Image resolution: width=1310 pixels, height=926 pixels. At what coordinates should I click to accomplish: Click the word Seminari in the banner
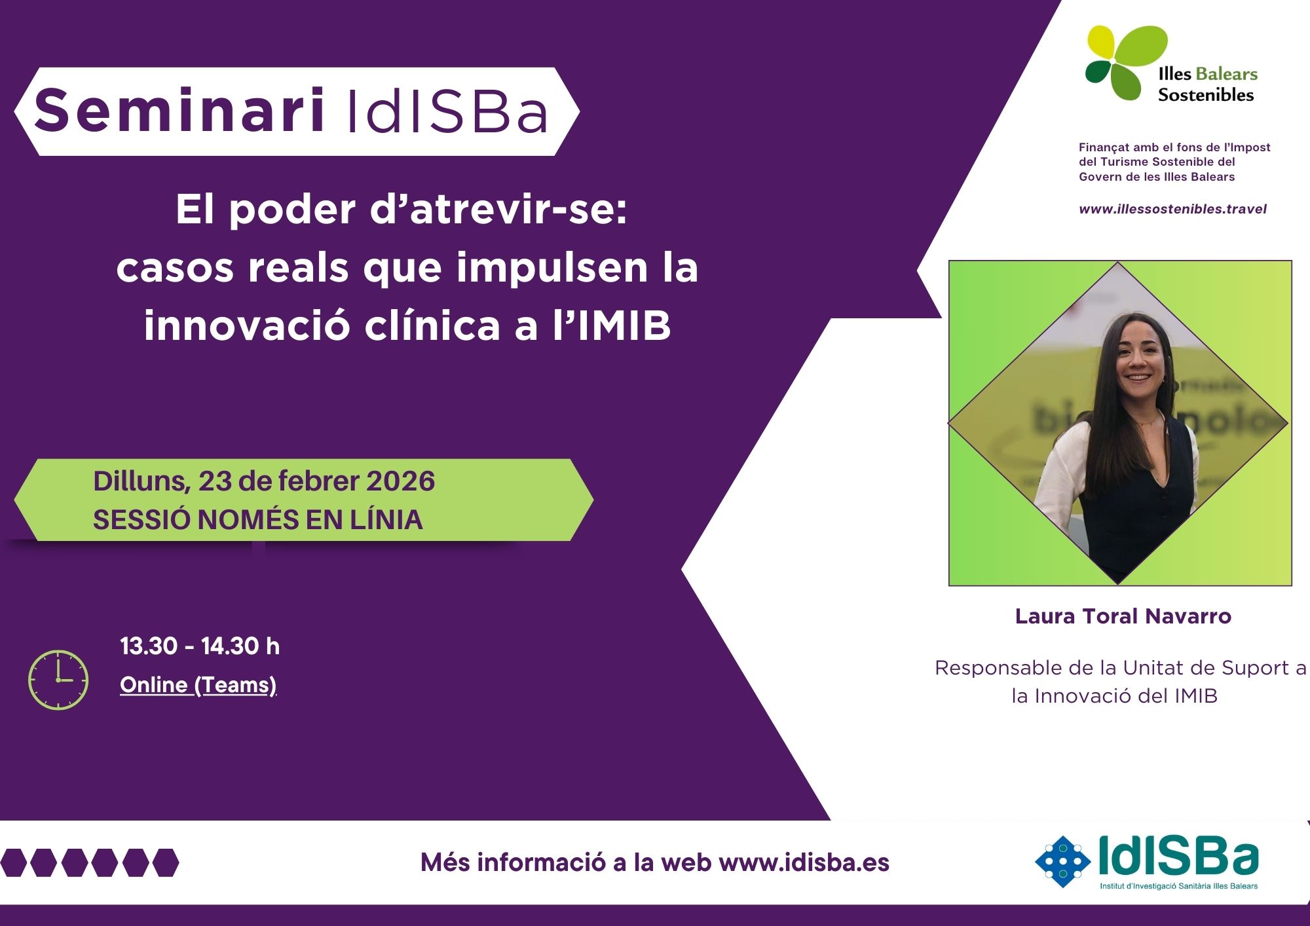(x=179, y=110)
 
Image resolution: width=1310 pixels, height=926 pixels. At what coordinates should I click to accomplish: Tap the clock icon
(x=58, y=680)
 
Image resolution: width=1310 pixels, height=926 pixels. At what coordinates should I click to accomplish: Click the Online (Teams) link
(x=198, y=685)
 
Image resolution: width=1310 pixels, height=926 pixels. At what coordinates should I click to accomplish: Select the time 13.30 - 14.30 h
(x=200, y=646)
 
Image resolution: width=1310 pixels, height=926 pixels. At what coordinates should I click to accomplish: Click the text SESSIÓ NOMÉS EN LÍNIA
(x=258, y=520)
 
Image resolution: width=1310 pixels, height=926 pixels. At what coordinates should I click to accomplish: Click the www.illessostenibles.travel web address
(x=1172, y=209)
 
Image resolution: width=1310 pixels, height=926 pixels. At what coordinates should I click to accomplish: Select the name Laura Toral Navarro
(x=1123, y=616)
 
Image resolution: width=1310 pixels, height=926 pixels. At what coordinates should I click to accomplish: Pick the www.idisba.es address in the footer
(x=804, y=862)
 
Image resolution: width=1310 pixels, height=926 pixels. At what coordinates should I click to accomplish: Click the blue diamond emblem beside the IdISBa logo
(x=1062, y=861)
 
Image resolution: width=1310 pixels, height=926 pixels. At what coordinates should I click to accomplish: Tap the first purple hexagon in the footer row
(x=13, y=862)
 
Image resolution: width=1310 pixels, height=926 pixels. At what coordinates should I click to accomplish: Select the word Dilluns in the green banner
(x=142, y=481)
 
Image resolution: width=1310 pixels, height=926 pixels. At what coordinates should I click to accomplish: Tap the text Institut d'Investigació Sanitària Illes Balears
(x=1178, y=886)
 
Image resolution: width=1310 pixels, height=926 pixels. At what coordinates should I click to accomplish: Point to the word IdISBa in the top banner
(x=447, y=111)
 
